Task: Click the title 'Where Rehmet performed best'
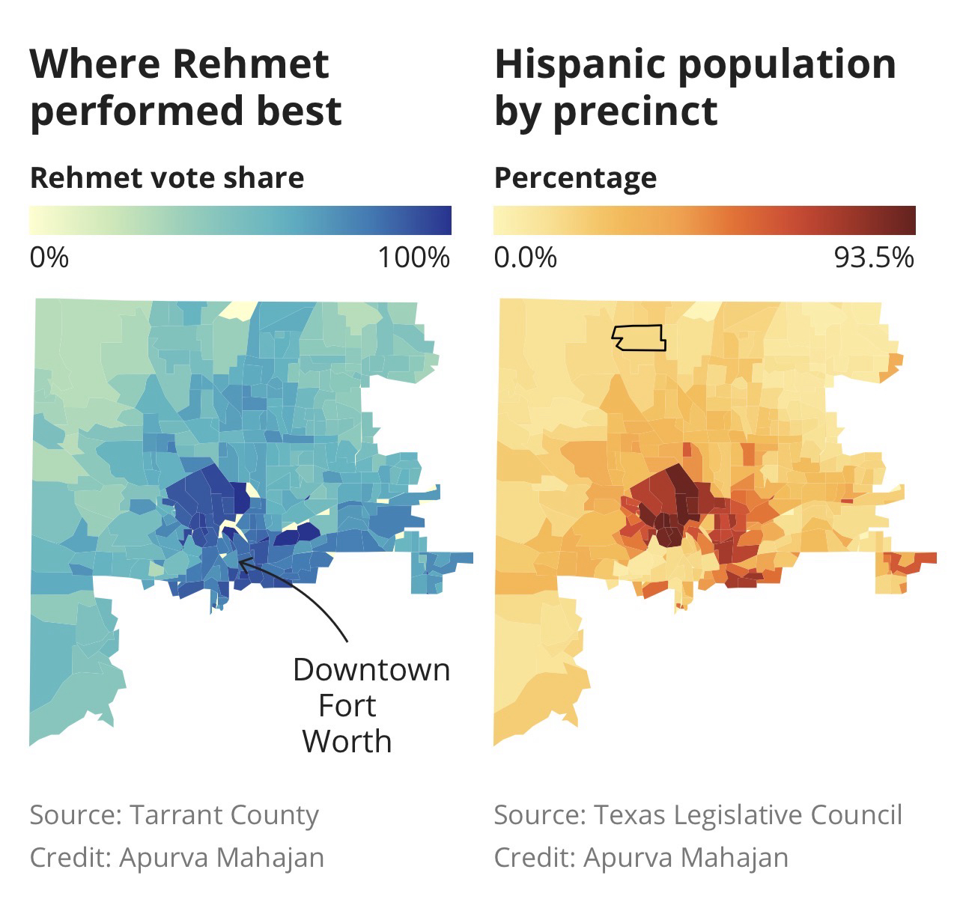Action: tap(186, 87)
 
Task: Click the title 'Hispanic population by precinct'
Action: tap(694, 87)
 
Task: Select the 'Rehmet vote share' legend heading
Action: tap(167, 178)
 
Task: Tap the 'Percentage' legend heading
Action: tap(575, 178)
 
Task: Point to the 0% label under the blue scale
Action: tap(49, 258)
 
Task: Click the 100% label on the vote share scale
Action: tap(413, 258)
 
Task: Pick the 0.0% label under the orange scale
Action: tap(525, 258)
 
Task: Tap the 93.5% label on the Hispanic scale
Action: tap(874, 258)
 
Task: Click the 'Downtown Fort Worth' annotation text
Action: tap(371, 705)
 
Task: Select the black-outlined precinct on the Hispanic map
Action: tap(639, 338)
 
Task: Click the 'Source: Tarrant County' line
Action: tap(174, 814)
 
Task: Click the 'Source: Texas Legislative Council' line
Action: tap(698, 814)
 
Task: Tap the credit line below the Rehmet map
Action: tap(177, 857)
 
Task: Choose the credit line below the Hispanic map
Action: tap(641, 857)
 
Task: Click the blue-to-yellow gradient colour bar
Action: tap(240, 220)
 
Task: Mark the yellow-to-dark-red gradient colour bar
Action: tap(704, 220)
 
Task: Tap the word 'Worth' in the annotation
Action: tap(347, 741)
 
